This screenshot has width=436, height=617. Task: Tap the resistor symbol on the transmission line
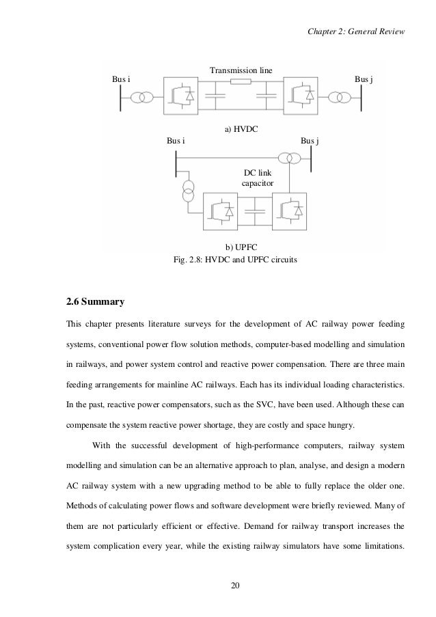pyautogui.click(x=241, y=83)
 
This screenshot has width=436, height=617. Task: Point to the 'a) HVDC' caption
pyautogui.click(x=241, y=128)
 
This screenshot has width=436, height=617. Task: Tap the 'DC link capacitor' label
pyautogui.click(x=258, y=179)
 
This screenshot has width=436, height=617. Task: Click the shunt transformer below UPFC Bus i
pyautogui.click(x=187, y=191)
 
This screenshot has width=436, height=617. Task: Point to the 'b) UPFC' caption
pyautogui.click(x=241, y=246)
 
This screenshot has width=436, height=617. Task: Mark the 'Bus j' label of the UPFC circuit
pyautogui.click(x=310, y=141)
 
